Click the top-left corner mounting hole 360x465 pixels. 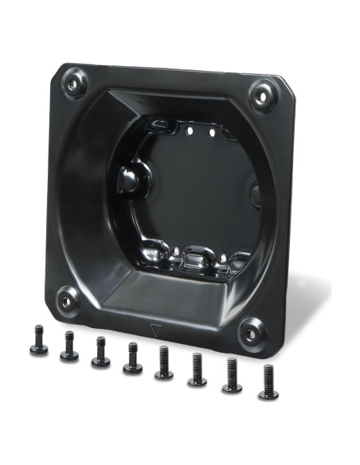pyautogui.click(x=74, y=81)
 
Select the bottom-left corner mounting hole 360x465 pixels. pyautogui.click(x=68, y=300)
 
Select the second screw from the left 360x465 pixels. pyautogui.click(x=69, y=347)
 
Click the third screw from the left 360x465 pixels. pyautogui.click(x=100, y=353)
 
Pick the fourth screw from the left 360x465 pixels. pyautogui.click(x=131, y=359)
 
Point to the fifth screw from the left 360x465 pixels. pyautogui.click(x=163, y=365)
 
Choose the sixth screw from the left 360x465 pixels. pyautogui.click(x=197, y=371)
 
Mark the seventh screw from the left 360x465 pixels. pyautogui.click(x=232, y=377)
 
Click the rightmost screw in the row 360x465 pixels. pyautogui.click(x=268, y=384)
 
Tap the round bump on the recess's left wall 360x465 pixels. pyautogui.click(x=128, y=180)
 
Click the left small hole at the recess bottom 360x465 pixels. pyautogui.click(x=175, y=252)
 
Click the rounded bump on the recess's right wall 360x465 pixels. pyautogui.click(x=256, y=193)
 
